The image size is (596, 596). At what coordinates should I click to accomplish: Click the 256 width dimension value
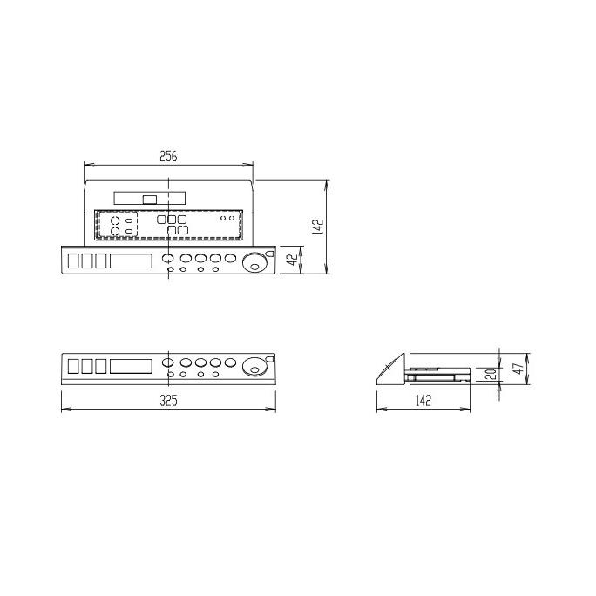tap(169, 156)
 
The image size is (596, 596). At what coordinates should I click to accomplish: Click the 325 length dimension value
tap(169, 401)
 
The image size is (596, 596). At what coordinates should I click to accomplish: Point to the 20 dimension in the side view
tap(491, 375)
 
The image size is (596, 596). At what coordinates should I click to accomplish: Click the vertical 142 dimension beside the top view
tap(320, 227)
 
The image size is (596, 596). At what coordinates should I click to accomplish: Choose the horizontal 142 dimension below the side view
tap(423, 401)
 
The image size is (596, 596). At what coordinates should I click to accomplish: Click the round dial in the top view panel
tap(254, 261)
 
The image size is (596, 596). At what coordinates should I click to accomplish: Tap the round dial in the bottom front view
tap(254, 366)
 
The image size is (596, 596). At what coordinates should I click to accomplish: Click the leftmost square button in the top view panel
tap(73, 261)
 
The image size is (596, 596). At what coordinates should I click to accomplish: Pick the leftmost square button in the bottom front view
tap(73, 366)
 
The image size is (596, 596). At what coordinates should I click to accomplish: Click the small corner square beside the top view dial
tap(269, 254)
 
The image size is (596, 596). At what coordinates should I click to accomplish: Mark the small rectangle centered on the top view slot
tap(150, 199)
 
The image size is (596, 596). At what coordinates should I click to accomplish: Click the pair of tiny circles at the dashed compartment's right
tap(226, 219)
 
